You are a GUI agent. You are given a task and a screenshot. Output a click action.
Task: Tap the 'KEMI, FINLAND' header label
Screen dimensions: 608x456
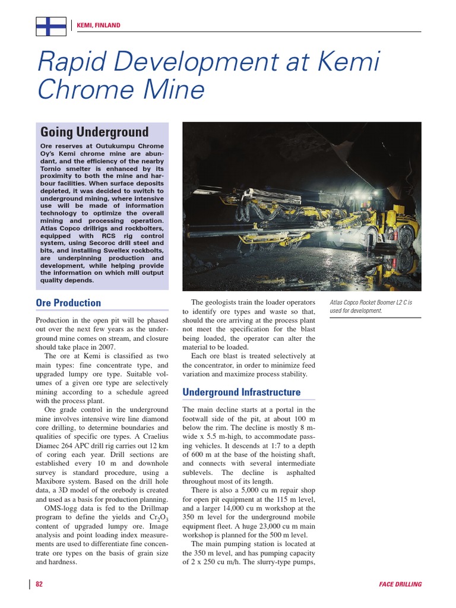click(x=99, y=26)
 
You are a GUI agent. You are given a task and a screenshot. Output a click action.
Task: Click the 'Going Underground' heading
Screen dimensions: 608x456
click(x=94, y=131)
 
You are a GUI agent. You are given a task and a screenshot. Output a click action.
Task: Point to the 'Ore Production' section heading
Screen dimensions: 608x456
click(x=68, y=303)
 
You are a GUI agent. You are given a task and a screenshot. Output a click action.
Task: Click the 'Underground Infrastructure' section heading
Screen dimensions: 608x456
click(x=241, y=392)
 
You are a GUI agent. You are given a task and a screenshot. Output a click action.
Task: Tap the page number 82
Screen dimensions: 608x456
click(x=39, y=584)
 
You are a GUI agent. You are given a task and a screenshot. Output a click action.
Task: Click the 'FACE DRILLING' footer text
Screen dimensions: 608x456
click(x=400, y=584)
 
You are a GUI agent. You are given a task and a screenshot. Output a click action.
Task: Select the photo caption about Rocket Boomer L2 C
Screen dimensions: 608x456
click(x=370, y=306)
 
